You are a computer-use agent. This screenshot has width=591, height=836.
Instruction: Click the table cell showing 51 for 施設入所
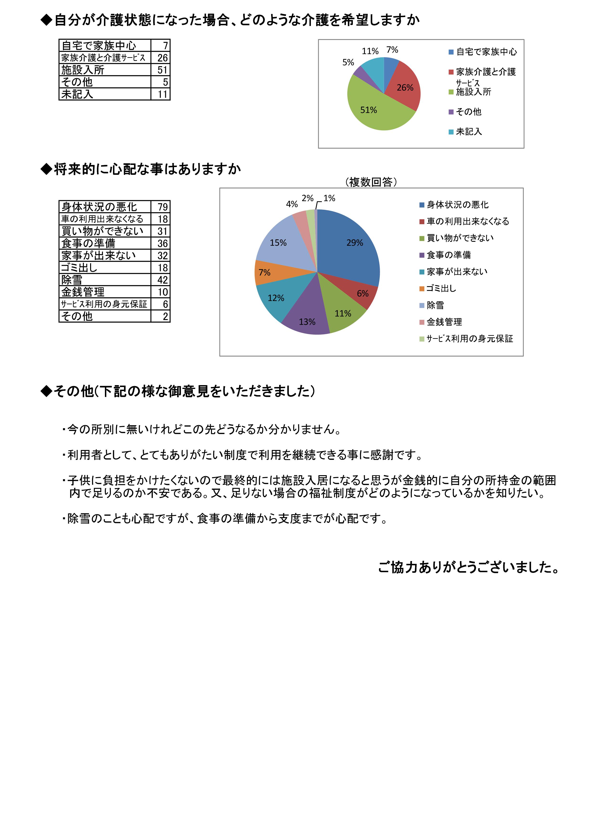point(162,70)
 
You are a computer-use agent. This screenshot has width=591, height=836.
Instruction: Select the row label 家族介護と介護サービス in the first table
point(103,57)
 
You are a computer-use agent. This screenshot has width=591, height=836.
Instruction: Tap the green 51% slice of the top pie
point(371,109)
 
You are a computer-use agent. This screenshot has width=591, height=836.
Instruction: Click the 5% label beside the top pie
point(348,63)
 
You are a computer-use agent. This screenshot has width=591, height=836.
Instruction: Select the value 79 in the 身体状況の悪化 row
point(162,207)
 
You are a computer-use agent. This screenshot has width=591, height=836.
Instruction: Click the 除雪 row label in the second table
point(72,280)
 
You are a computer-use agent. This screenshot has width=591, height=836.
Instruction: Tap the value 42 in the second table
point(162,280)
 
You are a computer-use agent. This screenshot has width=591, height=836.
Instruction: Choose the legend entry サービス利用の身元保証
point(469,339)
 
